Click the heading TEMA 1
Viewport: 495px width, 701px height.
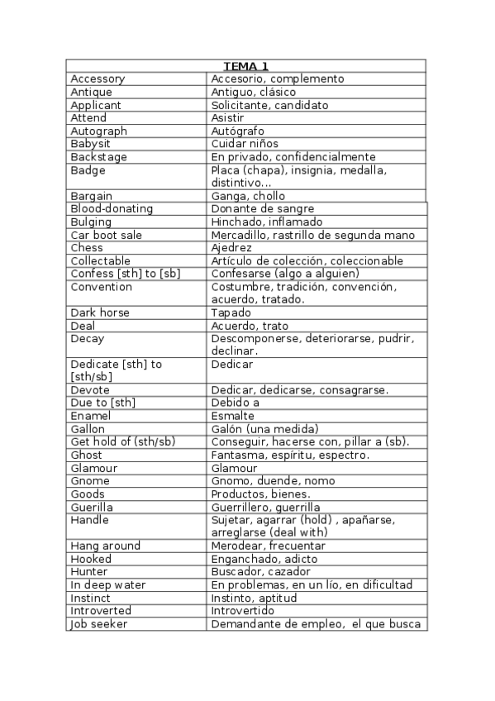click(x=245, y=66)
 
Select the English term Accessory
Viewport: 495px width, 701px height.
click(x=98, y=79)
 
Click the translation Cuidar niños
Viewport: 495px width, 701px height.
click(x=245, y=144)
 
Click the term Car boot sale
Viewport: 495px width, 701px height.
click(x=107, y=236)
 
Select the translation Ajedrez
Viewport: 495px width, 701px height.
click(x=231, y=248)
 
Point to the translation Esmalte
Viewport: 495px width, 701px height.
click(x=232, y=416)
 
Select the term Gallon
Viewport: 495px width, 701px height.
click(x=88, y=429)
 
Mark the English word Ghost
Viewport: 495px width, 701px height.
click(x=87, y=455)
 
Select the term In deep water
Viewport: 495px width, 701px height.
click(x=107, y=585)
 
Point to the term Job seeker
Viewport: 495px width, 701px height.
click(x=98, y=624)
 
